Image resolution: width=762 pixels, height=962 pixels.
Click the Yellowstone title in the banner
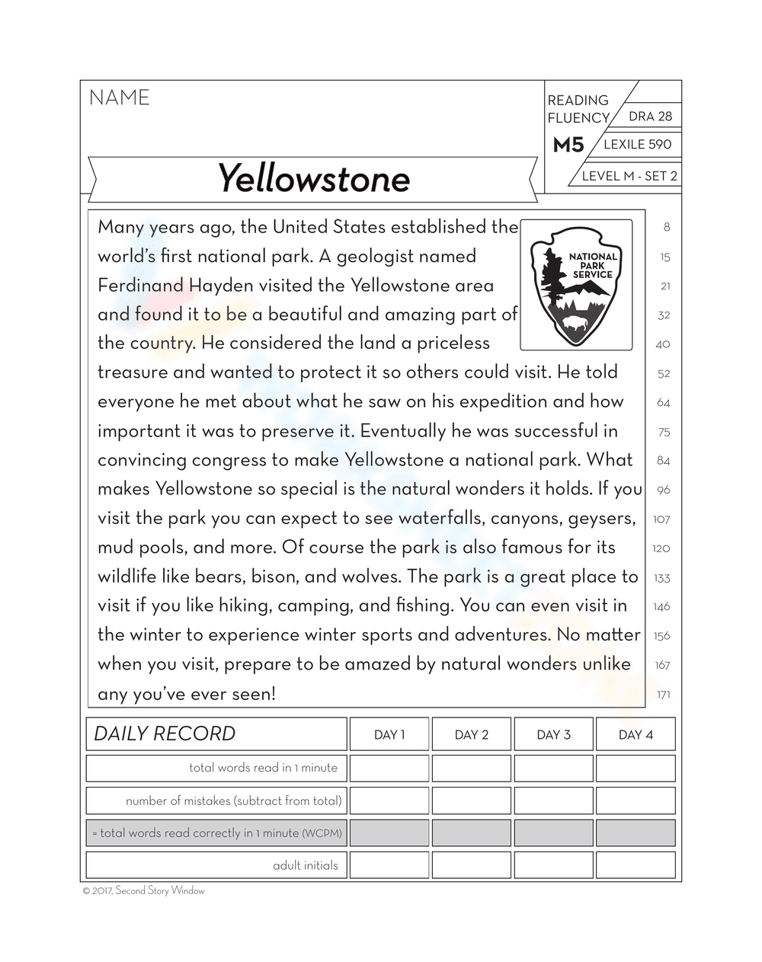[313, 179]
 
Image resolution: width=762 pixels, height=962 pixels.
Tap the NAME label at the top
[120, 98]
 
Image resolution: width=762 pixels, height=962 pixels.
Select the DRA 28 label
[650, 117]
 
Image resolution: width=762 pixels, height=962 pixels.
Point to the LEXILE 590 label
[637, 145]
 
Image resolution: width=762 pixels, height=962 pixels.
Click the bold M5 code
[568, 145]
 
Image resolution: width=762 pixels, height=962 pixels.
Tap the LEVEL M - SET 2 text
[629, 176]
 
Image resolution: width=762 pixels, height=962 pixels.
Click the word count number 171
[663, 695]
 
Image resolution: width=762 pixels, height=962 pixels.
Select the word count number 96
[663, 491]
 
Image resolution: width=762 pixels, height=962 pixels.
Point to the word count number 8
[667, 227]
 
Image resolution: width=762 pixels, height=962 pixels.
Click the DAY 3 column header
[553, 735]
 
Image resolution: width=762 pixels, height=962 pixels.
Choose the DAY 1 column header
[389, 735]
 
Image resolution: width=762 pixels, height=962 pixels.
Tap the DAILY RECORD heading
[165, 734]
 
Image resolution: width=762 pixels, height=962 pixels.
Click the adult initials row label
[305, 865]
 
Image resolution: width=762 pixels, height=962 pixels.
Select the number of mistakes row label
[233, 801]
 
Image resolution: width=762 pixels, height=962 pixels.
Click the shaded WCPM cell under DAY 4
[636, 833]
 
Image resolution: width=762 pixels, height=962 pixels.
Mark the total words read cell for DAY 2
[471, 768]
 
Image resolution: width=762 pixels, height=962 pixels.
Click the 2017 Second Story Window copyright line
[143, 890]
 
